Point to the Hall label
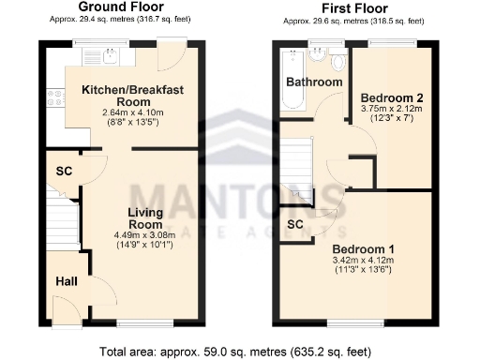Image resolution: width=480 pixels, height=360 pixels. pyautogui.click(x=66, y=281)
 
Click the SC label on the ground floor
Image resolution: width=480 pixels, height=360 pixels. pyautogui.click(x=65, y=172)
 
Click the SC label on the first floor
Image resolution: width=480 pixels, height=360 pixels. pyautogui.click(x=295, y=225)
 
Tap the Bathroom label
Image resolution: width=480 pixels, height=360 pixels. pyautogui.click(x=314, y=82)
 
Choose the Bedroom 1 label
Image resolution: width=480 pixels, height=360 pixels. pyautogui.click(x=365, y=248)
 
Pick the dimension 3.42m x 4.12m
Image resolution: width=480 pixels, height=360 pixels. pyautogui.click(x=364, y=261)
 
